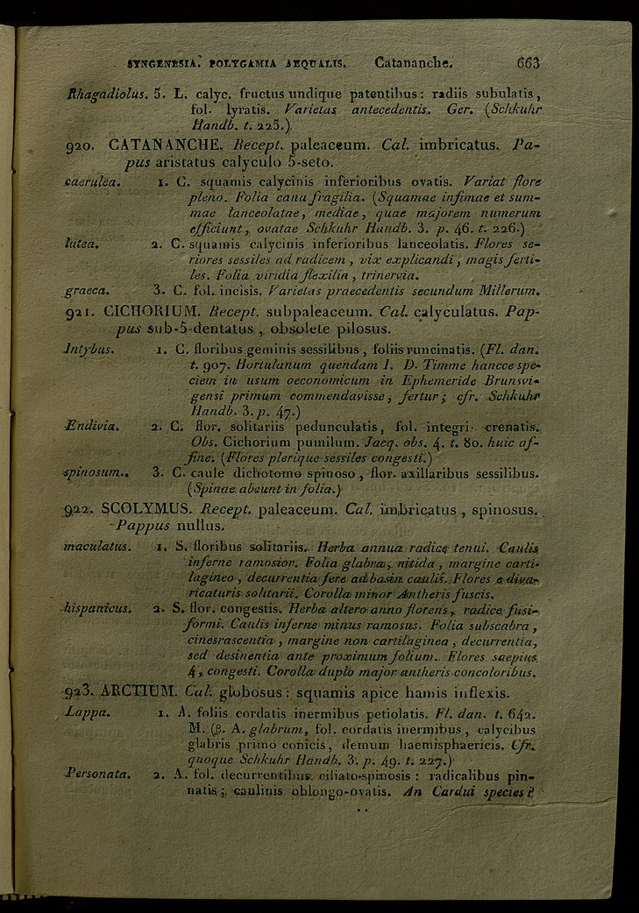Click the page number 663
point(528,63)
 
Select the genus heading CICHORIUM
point(156,310)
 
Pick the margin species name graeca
point(87,289)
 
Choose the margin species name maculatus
point(98,547)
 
